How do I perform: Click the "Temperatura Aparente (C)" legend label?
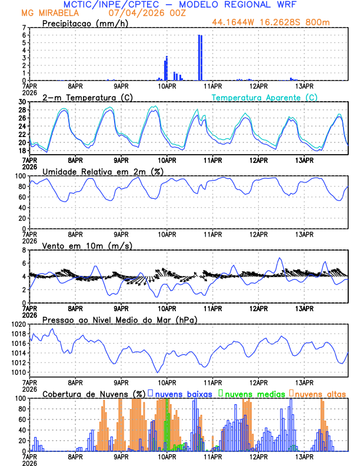pyautogui.click(x=265, y=97)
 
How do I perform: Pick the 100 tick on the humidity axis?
pyautogui.click(x=20, y=176)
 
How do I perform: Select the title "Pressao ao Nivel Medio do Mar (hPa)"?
pyautogui.click(x=119, y=319)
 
